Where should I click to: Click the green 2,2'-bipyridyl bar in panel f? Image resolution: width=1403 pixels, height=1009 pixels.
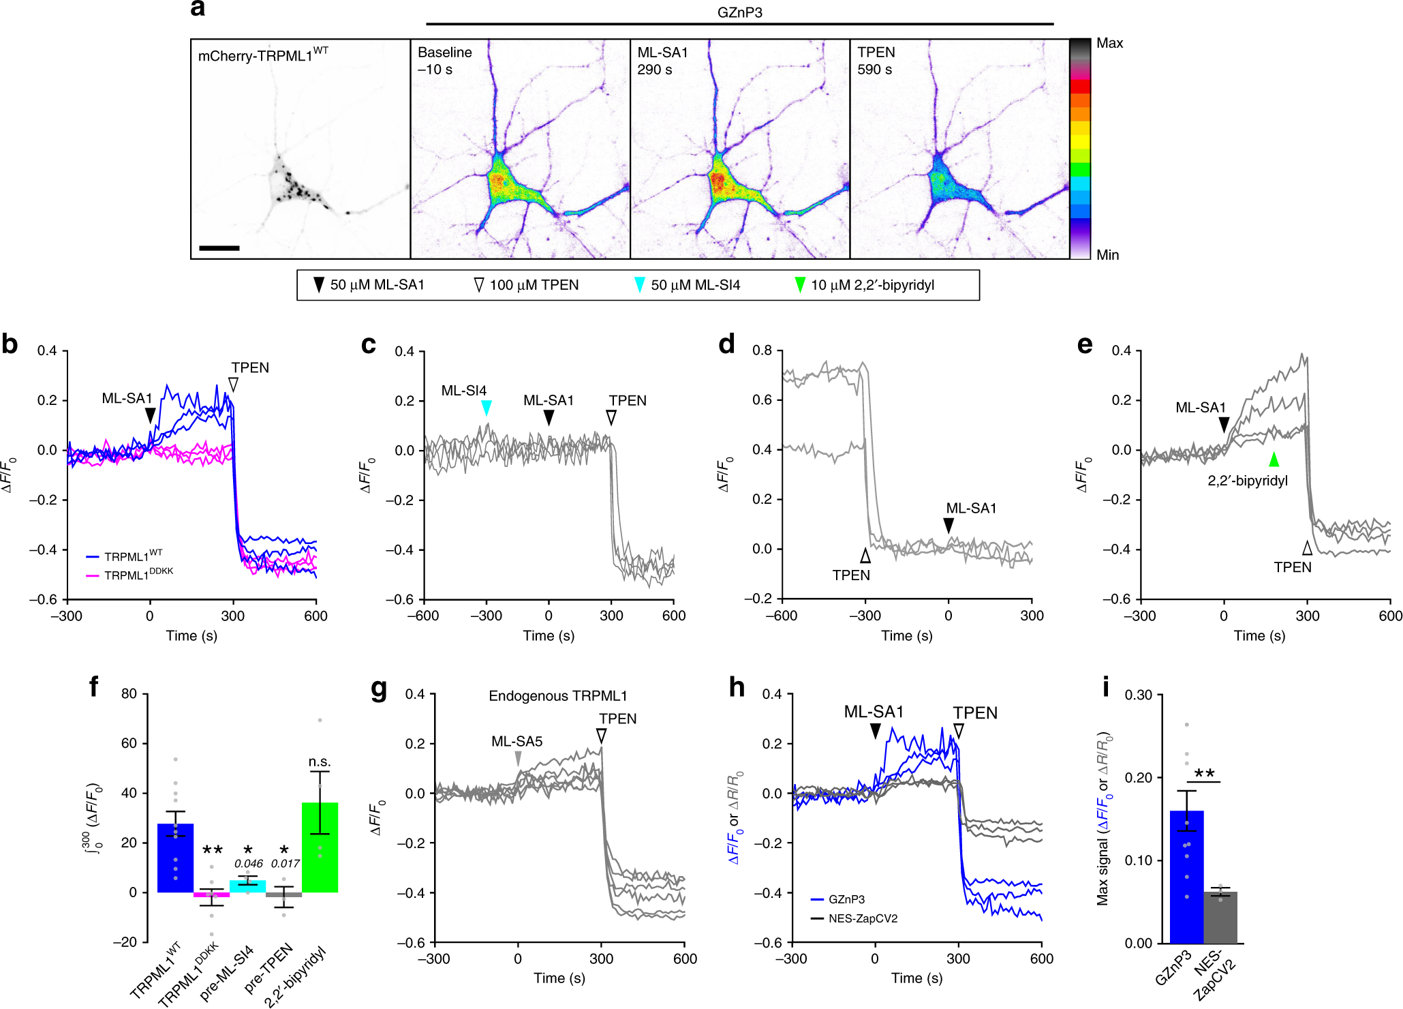click(320, 848)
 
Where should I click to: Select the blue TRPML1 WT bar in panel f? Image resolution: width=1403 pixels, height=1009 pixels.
click(175, 859)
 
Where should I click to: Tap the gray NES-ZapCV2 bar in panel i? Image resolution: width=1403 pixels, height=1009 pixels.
click(1220, 918)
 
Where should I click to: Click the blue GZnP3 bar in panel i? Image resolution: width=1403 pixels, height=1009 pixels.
click(1186, 879)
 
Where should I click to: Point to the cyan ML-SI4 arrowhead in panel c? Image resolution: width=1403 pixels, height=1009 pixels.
click(486, 408)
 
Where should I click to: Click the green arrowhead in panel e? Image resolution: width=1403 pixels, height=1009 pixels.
click(1274, 459)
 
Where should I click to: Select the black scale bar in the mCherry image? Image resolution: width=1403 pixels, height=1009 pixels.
click(219, 248)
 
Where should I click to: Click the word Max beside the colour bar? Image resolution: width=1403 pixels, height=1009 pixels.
click(1109, 43)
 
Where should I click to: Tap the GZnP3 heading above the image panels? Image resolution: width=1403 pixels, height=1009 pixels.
click(739, 12)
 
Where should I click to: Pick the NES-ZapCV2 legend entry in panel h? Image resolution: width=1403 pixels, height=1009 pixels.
click(862, 918)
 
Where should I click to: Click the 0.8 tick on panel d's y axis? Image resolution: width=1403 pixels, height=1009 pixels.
click(762, 350)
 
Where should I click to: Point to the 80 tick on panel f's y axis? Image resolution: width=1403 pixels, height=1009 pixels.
click(129, 694)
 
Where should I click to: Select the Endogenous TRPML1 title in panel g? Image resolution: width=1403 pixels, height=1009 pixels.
click(557, 696)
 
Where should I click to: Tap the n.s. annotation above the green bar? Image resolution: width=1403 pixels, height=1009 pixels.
click(319, 762)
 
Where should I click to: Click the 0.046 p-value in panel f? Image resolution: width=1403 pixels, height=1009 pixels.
click(248, 864)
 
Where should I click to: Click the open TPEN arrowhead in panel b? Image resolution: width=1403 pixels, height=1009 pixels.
click(233, 385)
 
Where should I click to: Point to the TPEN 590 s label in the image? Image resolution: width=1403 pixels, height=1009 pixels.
click(876, 61)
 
